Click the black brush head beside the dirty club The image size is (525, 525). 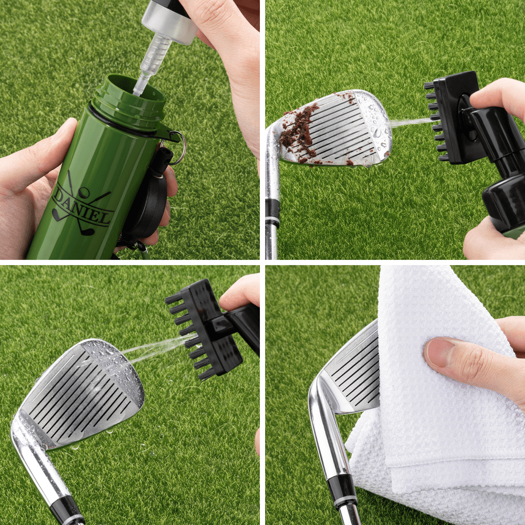point(454,117)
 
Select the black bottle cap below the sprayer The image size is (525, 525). point(504,204)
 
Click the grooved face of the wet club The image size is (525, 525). point(82,393)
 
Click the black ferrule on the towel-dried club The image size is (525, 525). point(342,490)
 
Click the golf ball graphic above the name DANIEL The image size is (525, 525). point(84,192)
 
